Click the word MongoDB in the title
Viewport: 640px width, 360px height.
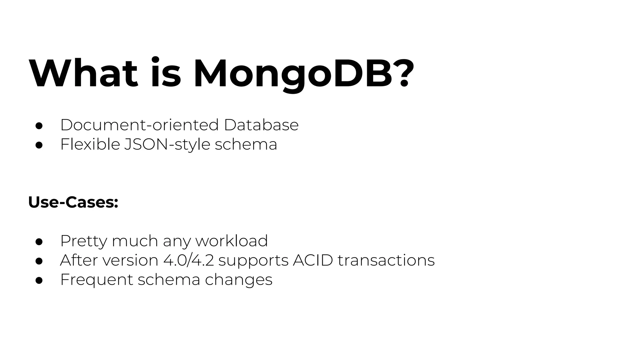(292, 74)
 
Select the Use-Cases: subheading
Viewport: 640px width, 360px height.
(73, 202)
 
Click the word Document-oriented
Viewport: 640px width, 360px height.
(139, 125)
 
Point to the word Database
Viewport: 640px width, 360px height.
(261, 125)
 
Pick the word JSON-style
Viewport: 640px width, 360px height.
(167, 145)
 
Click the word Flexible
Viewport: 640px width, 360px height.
(90, 144)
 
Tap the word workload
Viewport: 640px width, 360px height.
(232, 241)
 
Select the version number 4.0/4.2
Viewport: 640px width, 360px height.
(188, 260)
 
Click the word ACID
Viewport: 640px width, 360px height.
(313, 260)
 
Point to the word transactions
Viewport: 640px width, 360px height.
(386, 260)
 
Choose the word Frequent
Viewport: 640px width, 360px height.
(97, 280)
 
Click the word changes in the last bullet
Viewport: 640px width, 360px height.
(239, 280)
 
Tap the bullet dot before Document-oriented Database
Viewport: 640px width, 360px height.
(39, 126)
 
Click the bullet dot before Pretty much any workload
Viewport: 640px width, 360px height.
(39, 242)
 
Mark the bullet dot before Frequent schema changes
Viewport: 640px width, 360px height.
(39, 280)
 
